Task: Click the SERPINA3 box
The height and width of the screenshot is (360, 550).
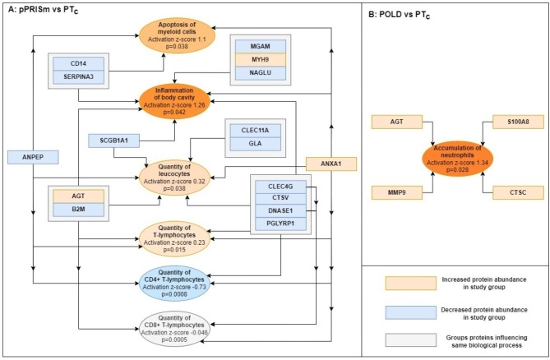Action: pos(79,76)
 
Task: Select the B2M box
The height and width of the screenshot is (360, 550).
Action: pos(79,210)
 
